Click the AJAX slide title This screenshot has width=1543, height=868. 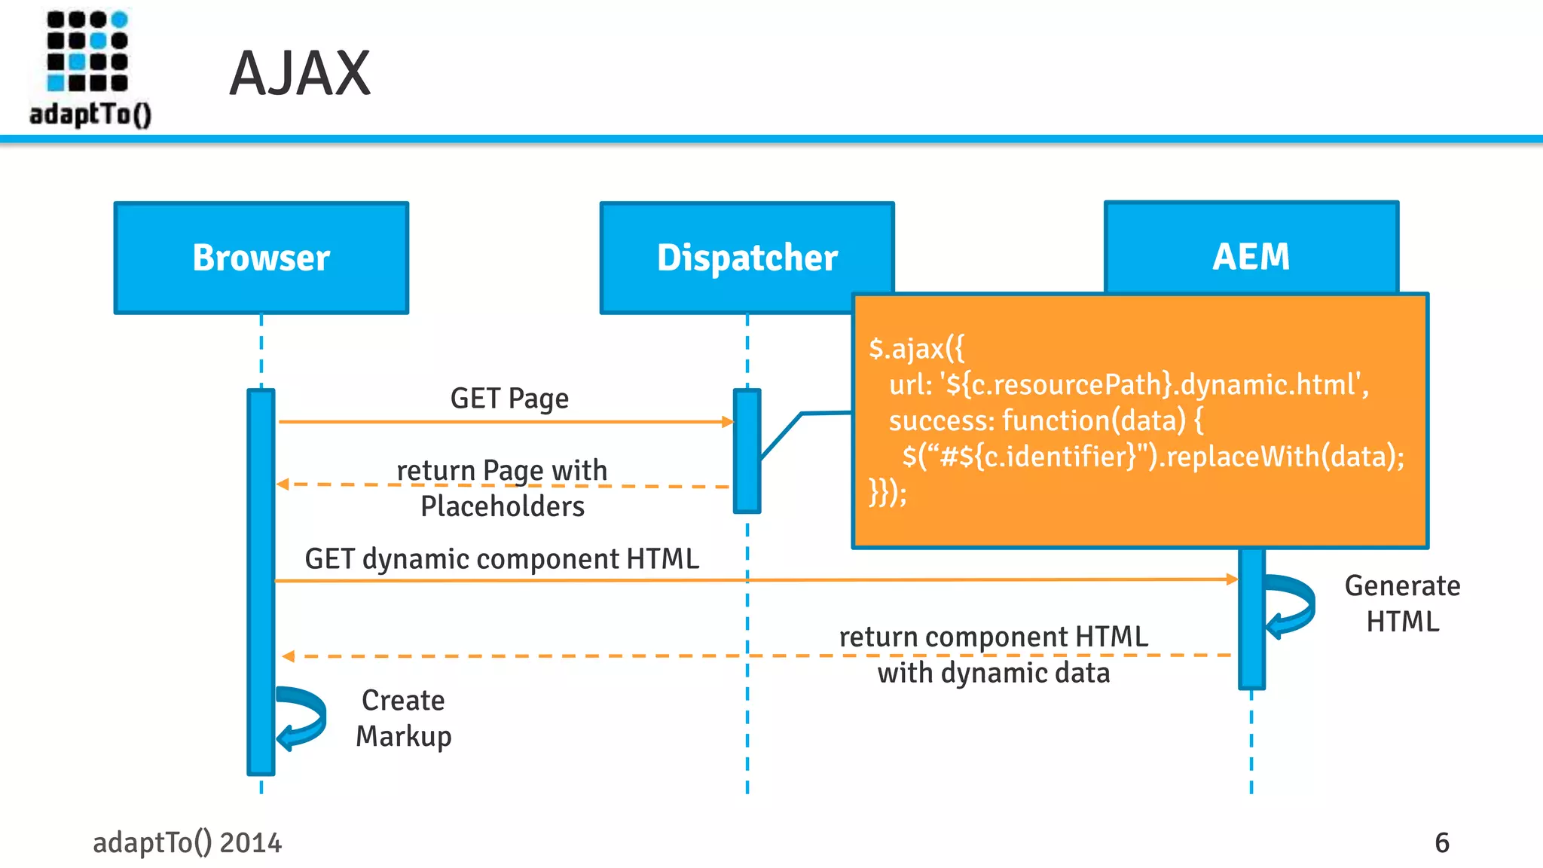pyautogui.click(x=300, y=74)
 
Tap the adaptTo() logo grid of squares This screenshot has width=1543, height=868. pyautogui.click(x=87, y=50)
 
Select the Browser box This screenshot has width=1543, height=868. pyautogui.click(x=261, y=258)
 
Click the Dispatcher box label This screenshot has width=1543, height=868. pyautogui.click(x=747, y=258)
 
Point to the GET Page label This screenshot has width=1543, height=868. pyautogui.click(x=509, y=398)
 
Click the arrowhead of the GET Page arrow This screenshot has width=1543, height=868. pyautogui.click(x=727, y=422)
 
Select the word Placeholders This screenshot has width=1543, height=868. pyautogui.click(x=503, y=506)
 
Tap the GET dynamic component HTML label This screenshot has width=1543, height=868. pyautogui.click(x=502, y=559)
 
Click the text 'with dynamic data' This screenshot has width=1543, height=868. pyautogui.click(x=993, y=673)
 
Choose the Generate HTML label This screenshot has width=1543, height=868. pyautogui.click(x=1402, y=603)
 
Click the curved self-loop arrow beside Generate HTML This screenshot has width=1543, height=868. pyautogui.click(x=1293, y=605)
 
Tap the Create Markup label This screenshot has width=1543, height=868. pyautogui.click(x=403, y=718)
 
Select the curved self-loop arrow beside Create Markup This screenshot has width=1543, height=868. pyautogui.click(x=303, y=718)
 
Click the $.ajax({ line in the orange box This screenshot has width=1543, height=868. pyautogui.click(x=916, y=349)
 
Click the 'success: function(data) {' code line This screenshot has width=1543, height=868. pyautogui.click(x=1046, y=420)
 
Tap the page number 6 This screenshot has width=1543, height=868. pyautogui.click(x=1441, y=842)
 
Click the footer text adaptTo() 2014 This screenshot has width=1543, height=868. pyautogui.click(x=187, y=842)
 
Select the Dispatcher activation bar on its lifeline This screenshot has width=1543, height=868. pyautogui.click(x=747, y=451)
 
